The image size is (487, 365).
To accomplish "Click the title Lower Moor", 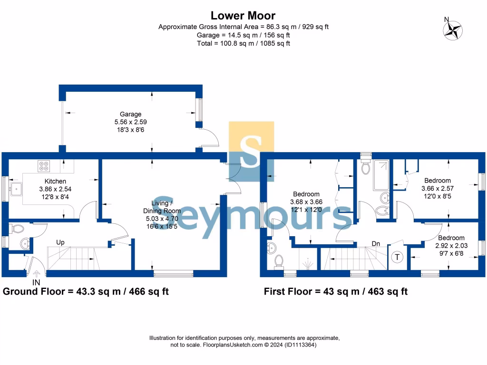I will [243, 16].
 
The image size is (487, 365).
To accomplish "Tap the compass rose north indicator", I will [452, 29].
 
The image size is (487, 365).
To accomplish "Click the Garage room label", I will [130, 114].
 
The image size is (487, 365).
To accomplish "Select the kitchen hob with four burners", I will [44, 166].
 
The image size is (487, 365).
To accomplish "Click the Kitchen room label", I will [55, 181].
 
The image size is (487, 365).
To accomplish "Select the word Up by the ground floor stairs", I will [60, 242].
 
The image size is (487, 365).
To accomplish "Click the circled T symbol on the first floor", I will [396, 257].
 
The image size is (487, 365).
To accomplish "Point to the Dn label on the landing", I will [376, 244].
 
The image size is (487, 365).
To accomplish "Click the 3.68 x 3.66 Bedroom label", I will [306, 194].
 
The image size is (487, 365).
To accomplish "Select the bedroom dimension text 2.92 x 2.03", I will [451, 246].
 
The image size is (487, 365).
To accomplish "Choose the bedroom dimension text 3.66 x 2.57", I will [437, 188].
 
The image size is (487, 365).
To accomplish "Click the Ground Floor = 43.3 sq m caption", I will [86, 291].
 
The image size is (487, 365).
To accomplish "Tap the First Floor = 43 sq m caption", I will [335, 291].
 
